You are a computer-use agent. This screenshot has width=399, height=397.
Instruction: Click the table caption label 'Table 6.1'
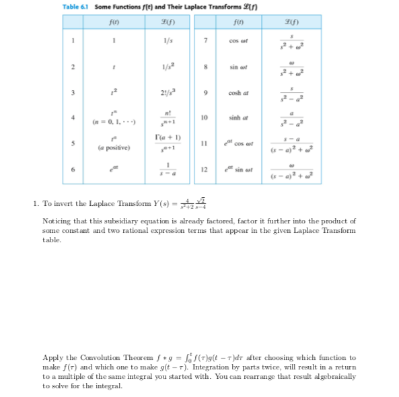pyautogui.click(x=75, y=7)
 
